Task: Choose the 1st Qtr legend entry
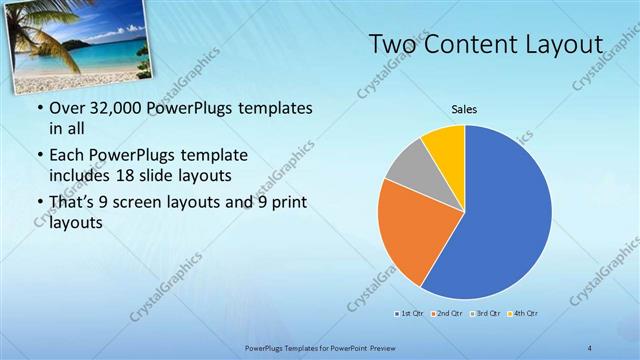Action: pyautogui.click(x=410, y=314)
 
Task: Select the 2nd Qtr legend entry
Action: pyautogui.click(x=446, y=314)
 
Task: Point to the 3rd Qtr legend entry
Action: pyautogui.click(x=485, y=314)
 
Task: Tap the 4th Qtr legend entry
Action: pyautogui.click(x=523, y=314)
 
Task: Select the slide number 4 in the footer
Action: pyautogui.click(x=590, y=347)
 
